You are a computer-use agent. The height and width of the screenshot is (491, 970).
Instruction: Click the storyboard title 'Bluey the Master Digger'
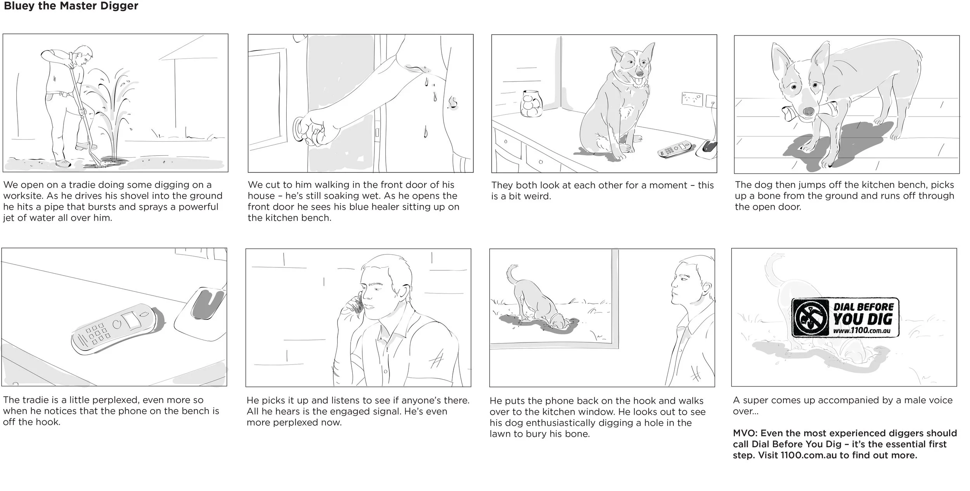click(x=71, y=6)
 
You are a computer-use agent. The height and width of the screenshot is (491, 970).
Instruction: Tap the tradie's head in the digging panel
click(x=84, y=54)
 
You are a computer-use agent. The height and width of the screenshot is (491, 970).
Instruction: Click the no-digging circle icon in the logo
click(x=811, y=318)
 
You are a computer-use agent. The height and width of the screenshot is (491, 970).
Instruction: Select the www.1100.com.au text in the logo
click(x=861, y=331)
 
